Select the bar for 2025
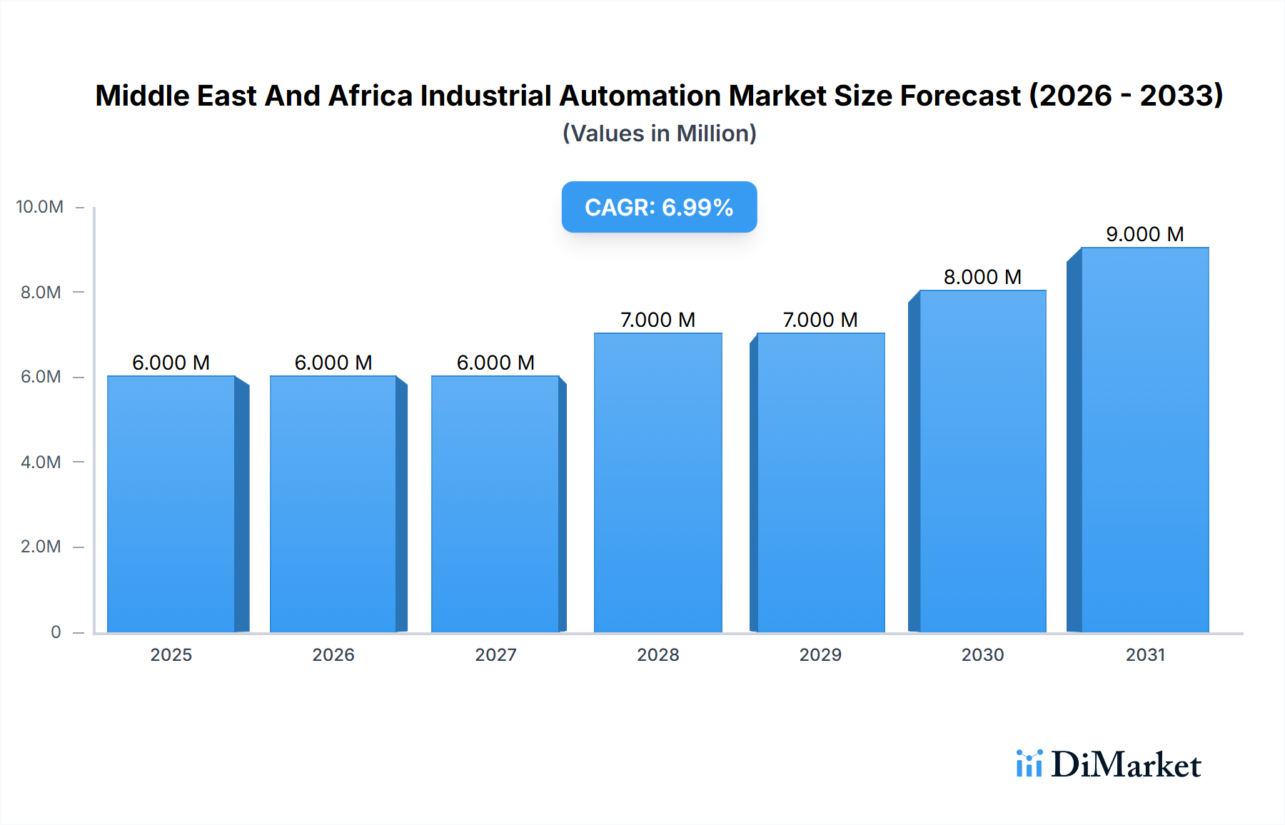pyautogui.click(x=171, y=504)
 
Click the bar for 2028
pyautogui.click(x=657, y=482)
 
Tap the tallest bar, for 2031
pyautogui.click(x=1144, y=440)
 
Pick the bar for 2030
pyautogui.click(x=982, y=461)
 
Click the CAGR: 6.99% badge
pyautogui.click(x=659, y=207)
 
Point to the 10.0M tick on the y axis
pyautogui.click(x=40, y=207)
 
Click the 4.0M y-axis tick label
pyautogui.click(x=41, y=462)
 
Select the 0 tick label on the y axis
pyautogui.click(x=56, y=632)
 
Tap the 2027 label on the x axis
pyautogui.click(x=495, y=654)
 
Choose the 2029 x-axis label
pyautogui.click(x=820, y=654)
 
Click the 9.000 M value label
pyautogui.click(x=1144, y=234)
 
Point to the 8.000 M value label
pyautogui.click(x=982, y=277)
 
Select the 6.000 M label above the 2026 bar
pyautogui.click(x=333, y=363)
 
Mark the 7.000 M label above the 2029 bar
pyautogui.click(x=820, y=320)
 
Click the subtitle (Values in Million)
pyautogui.click(x=659, y=133)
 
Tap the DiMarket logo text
pyautogui.click(x=1126, y=764)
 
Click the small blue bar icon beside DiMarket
pyautogui.click(x=1029, y=764)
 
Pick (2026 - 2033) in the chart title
pyautogui.click(x=1126, y=96)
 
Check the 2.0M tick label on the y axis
pyautogui.click(x=41, y=547)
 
